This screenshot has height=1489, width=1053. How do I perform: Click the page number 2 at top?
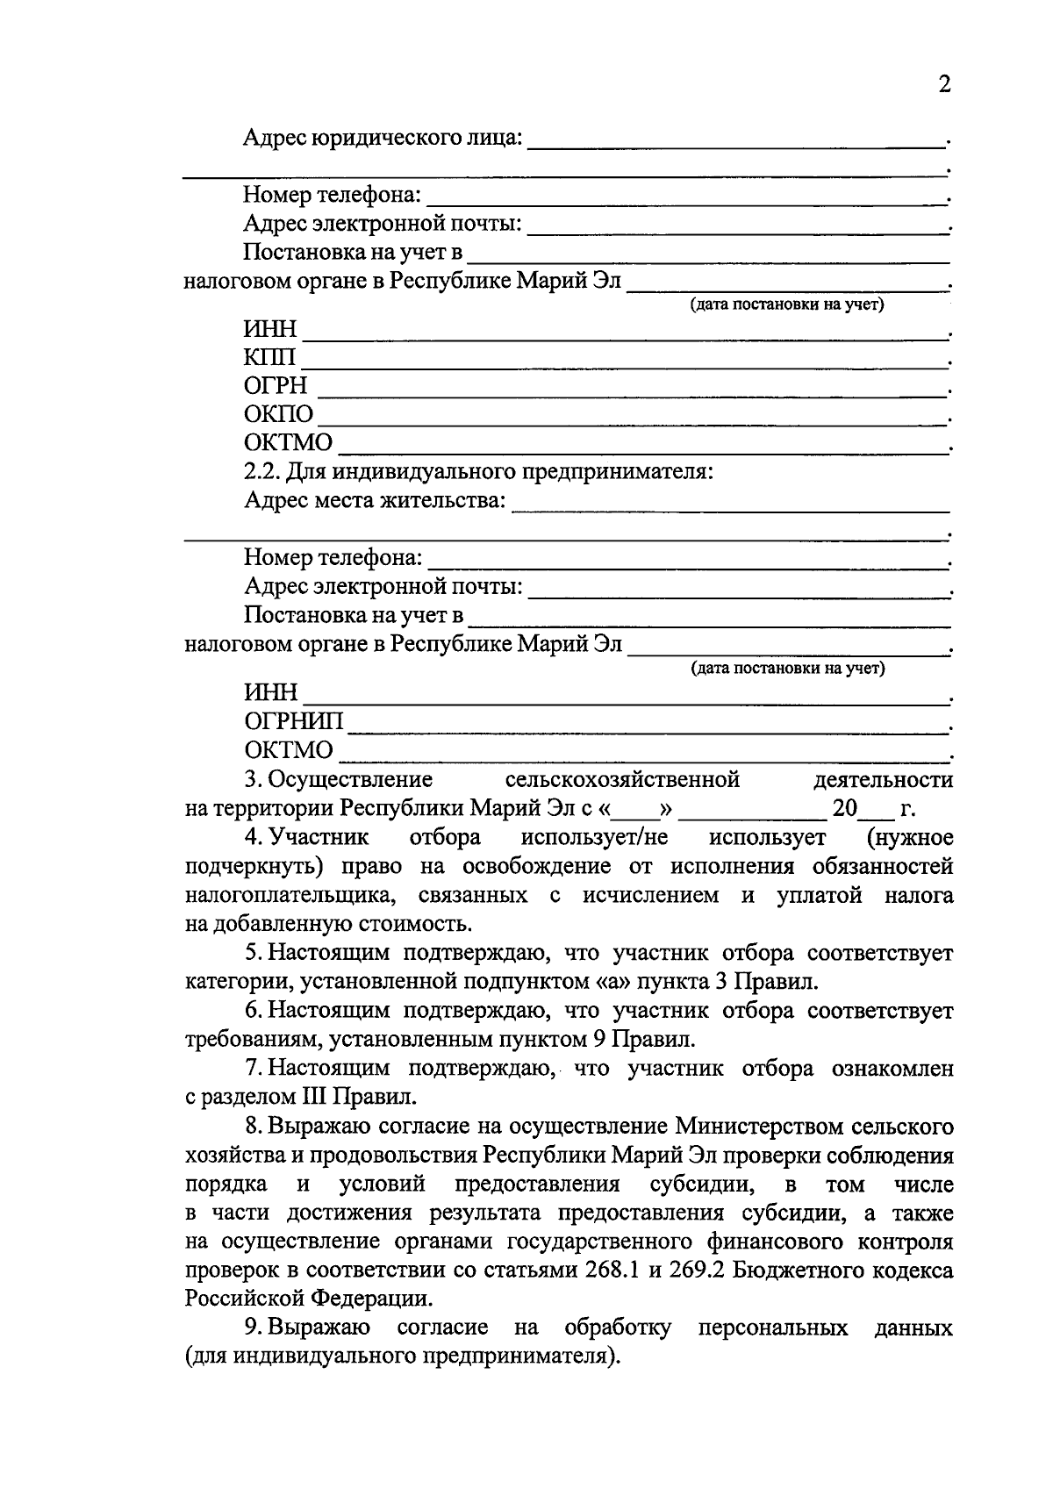pos(944,85)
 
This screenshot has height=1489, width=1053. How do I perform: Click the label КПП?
pos(270,358)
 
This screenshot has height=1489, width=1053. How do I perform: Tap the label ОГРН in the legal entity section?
pos(276,386)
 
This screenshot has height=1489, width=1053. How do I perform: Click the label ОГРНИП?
pos(294,722)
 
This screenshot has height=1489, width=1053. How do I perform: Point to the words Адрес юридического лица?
pos(383,138)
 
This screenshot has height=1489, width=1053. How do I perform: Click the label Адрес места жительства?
pos(376,500)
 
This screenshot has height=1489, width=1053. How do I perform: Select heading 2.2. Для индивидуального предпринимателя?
pos(478,472)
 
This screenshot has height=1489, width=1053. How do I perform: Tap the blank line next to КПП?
pos(623,364)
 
